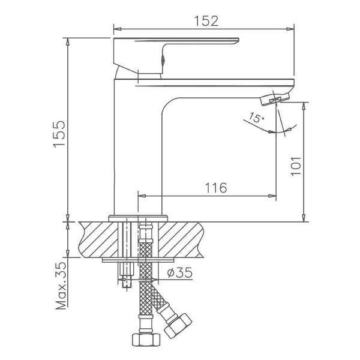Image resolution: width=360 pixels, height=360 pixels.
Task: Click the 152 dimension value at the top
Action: click(205, 20)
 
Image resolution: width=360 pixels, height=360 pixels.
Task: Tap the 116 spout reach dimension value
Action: click(215, 188)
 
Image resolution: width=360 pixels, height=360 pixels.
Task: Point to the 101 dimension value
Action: click(295, 162)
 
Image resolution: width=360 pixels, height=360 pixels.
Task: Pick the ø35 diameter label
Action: click(178, 273)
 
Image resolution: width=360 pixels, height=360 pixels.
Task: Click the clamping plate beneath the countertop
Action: click(137, 260)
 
